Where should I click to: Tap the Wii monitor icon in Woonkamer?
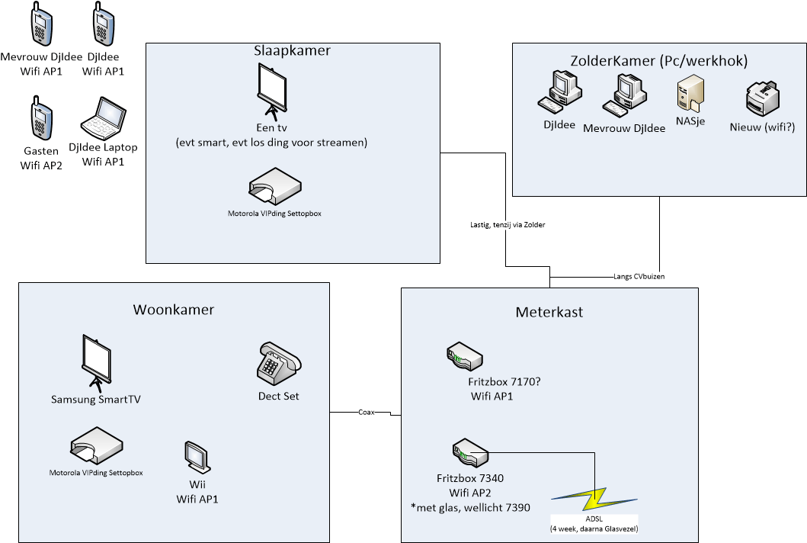[x=197, y=457]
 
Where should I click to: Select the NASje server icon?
[x=690, y=93]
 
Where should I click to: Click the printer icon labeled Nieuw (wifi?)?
[x=762, y=98]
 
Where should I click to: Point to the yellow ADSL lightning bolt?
[x=594, y=500]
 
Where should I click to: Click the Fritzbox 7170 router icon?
[x=464, y=356]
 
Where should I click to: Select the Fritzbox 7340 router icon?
[x=470, y=453]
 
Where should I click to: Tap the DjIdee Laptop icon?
[x=104, y=118]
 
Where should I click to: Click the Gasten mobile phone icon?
[x=41, y=117]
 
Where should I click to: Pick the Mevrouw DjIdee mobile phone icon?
[x=41, y=24]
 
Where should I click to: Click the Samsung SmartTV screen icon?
[x=96, y=364]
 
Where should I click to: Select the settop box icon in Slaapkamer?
[x=275, y=186]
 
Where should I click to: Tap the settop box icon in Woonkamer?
[x=96, y=445]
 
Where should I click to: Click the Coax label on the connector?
[x=367, y=412]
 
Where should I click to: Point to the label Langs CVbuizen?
[x=639, y=277]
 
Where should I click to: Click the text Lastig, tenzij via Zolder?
[x=508, y=225]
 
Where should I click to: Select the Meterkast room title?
[x=549, y=312]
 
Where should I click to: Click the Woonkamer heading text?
[x=174, y=310]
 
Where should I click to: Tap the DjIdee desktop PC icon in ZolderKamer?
[x=560, y=92]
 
